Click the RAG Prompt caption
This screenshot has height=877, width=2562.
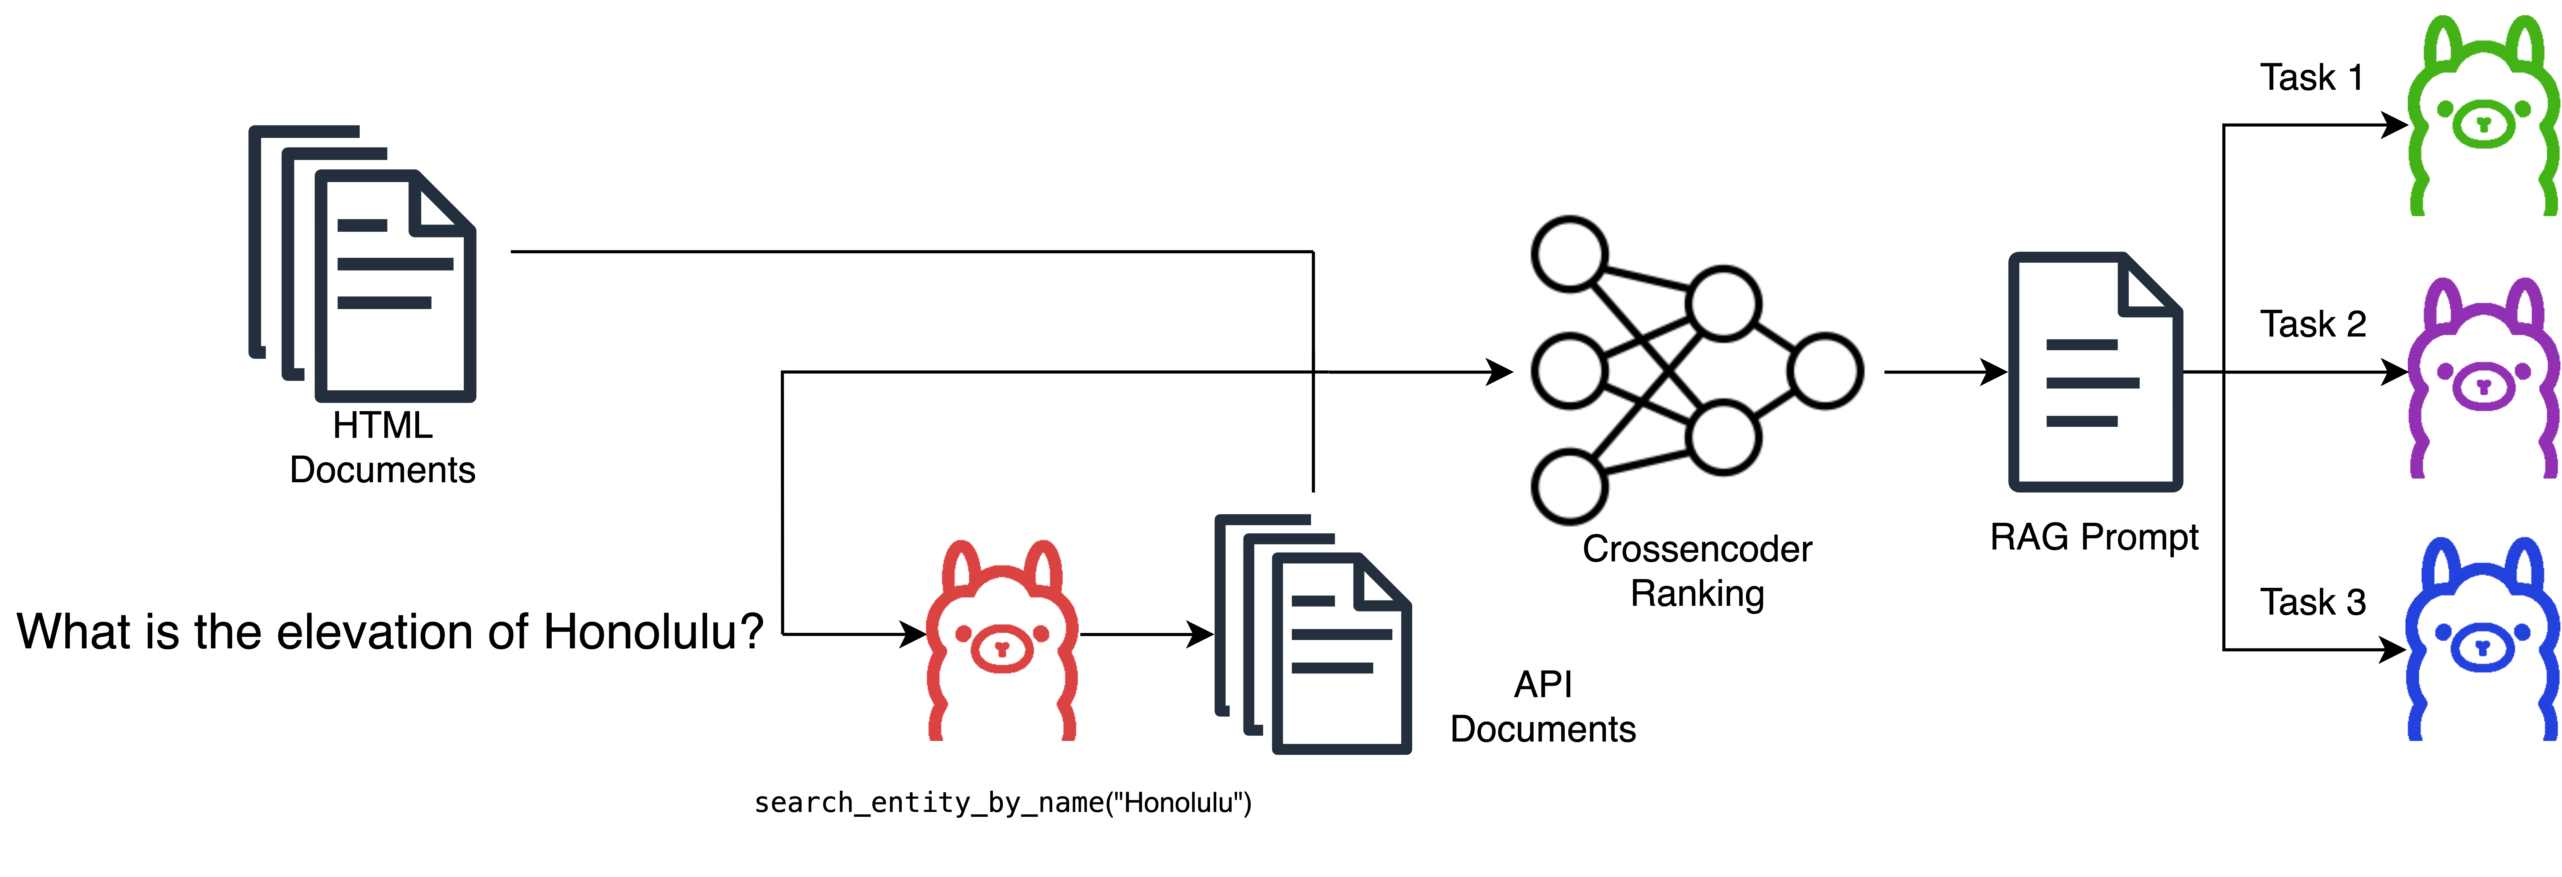point(2094,537)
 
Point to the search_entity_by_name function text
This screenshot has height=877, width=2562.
point(1003,803)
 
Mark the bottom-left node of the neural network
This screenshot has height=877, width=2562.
point(1569,487)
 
